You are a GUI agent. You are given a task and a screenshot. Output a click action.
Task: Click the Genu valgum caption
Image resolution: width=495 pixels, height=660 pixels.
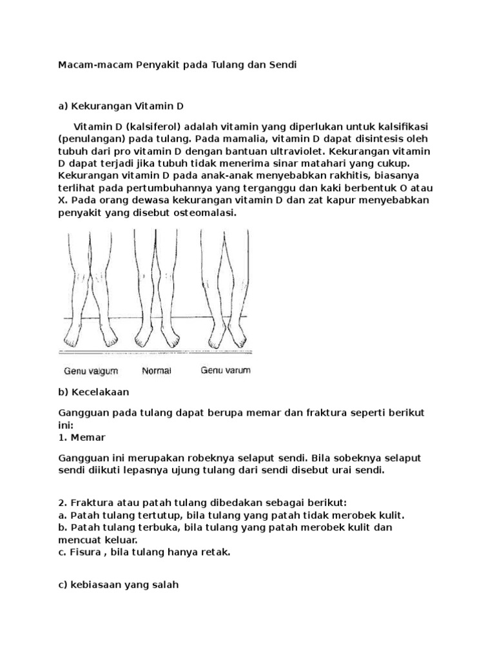tap(90, 371)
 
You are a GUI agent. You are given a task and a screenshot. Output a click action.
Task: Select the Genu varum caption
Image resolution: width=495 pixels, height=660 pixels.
tap(226, 371)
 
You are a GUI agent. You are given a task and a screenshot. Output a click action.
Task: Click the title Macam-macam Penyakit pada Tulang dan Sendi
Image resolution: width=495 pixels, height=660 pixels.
tap(177, 66)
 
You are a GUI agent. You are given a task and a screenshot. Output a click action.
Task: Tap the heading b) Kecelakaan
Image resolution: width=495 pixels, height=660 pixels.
tap(93, 391)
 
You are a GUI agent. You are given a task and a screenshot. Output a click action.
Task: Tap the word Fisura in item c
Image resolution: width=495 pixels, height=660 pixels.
tap(84, 553)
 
